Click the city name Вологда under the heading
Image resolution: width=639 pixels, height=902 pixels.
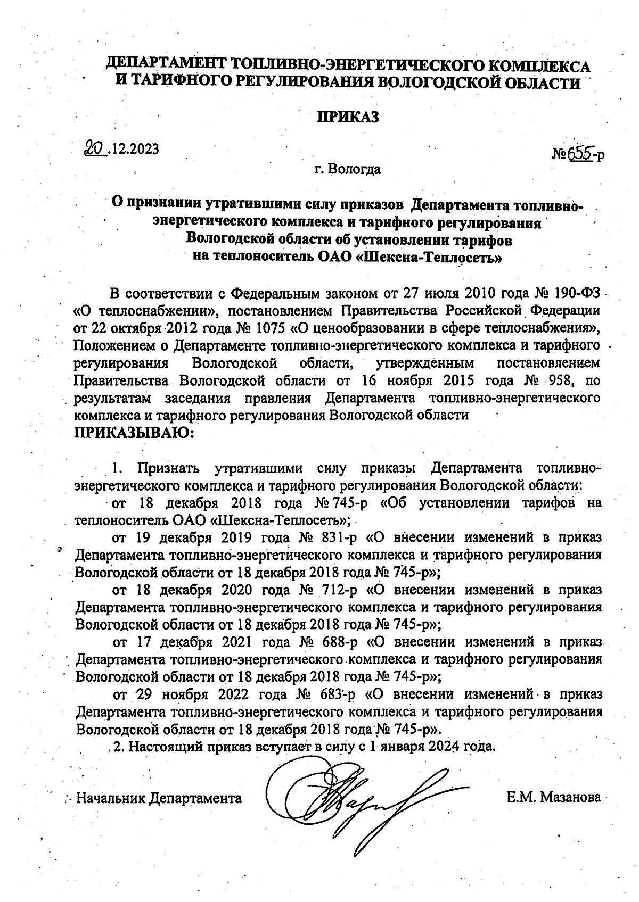pyautogui.click(x=355, y=170)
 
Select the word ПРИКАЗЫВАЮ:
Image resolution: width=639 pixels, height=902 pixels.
pyautogui.click(x=135, y=432)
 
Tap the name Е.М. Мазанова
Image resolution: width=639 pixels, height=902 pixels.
pyautogui.click(x=554, y=797)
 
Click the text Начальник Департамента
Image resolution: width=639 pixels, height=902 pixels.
pyautogui.click(x=159, y=798)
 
